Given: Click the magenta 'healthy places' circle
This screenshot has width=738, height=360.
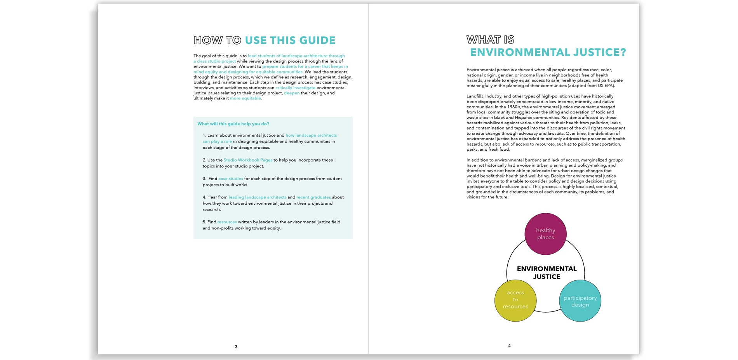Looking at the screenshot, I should click(x=545, y=234).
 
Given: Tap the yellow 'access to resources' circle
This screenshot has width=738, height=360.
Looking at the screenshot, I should click(x=515, y=300).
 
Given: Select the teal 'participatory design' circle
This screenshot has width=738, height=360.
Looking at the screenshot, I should click(x=580, y=301).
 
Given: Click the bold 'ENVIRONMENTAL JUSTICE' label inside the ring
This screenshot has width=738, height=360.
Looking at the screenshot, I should click(x=547, y=273).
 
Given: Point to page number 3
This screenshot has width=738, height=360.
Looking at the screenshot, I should click(x=236, y=347).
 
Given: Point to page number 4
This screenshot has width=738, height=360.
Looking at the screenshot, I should click(x=509, y=346).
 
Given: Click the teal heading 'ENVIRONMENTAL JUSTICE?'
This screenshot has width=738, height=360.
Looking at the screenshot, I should click(x=548, y=52).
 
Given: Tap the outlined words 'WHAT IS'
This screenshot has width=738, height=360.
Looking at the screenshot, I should click(x=490, y=40).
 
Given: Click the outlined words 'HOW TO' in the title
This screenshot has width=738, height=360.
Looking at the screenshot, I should click(x=218, y=40).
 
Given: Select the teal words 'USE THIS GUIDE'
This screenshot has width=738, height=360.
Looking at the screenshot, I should click(x=290, y=40).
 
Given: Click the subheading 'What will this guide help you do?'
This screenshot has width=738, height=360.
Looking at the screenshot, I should click(x=233, y=124).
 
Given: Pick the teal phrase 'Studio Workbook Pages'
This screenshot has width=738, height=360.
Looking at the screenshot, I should click(x=248, y=160).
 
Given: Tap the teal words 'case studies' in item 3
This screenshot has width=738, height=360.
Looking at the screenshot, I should click(x=231, y=179).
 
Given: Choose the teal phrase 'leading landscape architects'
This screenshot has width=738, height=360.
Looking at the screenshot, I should click(x=257, y=197).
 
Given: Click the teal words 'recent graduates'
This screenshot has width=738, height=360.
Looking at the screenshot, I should click(x=313, y=197).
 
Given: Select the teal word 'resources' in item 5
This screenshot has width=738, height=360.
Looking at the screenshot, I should click(x=227, y=222).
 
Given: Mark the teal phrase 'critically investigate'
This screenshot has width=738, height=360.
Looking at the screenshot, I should click(x=295, y=88).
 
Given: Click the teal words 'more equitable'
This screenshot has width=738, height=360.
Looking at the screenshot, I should click(x=245, y=98).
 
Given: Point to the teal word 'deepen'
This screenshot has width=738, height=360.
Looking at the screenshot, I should click(x=292, y=93).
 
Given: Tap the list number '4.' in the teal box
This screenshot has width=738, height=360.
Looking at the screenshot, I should click(x=204, y=197).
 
